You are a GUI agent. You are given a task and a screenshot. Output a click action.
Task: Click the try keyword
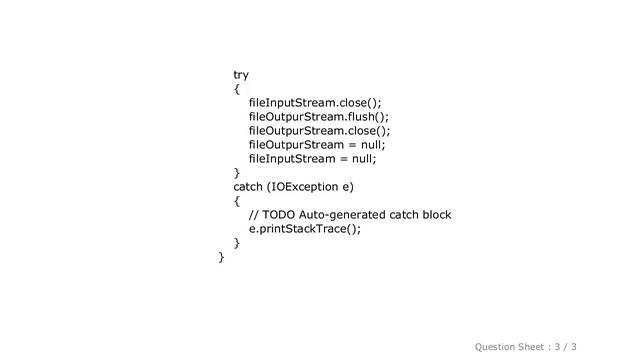[241, 75]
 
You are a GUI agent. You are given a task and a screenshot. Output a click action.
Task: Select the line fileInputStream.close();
[315, 103]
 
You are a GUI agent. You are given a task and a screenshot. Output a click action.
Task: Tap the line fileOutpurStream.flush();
[318, 117]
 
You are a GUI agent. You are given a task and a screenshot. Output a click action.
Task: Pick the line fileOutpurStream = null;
[317, 145]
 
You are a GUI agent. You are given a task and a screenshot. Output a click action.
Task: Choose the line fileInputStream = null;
[313, 159]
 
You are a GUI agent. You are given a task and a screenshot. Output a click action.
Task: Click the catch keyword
[250, 187]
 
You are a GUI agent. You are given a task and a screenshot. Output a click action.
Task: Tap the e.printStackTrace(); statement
[304, 229]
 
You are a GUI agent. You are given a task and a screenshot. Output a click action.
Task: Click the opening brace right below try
[236, 89]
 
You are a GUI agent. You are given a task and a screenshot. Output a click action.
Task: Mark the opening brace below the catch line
[236, 201]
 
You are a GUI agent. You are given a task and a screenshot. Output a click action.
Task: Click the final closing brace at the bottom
[221, 258]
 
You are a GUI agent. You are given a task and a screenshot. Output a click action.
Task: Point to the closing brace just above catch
[236, 173]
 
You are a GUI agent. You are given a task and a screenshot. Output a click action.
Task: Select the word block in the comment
[434, 215]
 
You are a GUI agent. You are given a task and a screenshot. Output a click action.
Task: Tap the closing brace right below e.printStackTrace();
[236, 243]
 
